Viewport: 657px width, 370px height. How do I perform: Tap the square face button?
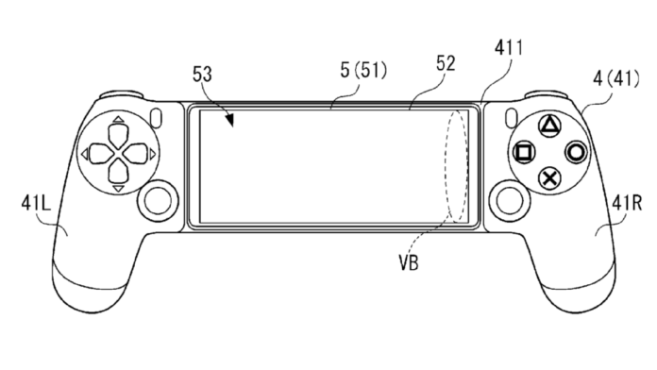(x=524, y=151)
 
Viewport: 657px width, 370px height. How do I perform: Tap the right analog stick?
(x=510, y=199)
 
